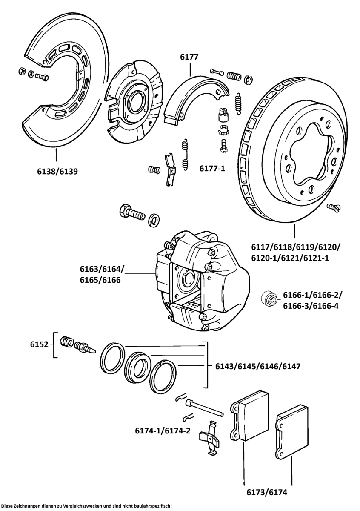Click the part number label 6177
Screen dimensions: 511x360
[189, 57]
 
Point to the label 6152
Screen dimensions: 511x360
[39, 344]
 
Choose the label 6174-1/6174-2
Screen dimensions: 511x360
[163, 431]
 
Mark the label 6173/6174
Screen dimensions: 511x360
[267, 492]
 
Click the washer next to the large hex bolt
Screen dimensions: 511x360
[154, 221]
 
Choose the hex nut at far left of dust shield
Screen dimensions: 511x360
[22, 71]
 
